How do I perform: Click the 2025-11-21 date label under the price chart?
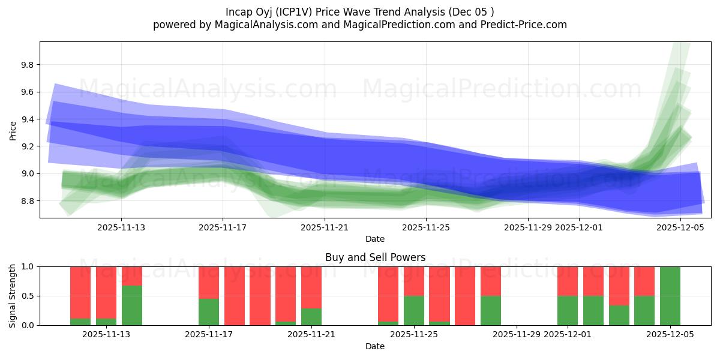point(325,228)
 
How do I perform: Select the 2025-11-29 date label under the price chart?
point(528,228)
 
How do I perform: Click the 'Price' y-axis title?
point(13,130)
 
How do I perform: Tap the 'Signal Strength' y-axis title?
point(13,296)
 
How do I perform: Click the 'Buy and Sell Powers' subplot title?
point(375,257)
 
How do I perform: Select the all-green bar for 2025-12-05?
point(670,296)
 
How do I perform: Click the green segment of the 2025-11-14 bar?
point(132,305)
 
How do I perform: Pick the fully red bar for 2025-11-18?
point(235,296)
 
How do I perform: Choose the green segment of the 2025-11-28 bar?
point(491,310)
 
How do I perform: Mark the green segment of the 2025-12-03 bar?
point(619,315)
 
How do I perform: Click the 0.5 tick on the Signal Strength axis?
point(28,296)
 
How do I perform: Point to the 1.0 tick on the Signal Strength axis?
point(28,266)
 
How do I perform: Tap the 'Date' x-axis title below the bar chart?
point(375,346)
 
